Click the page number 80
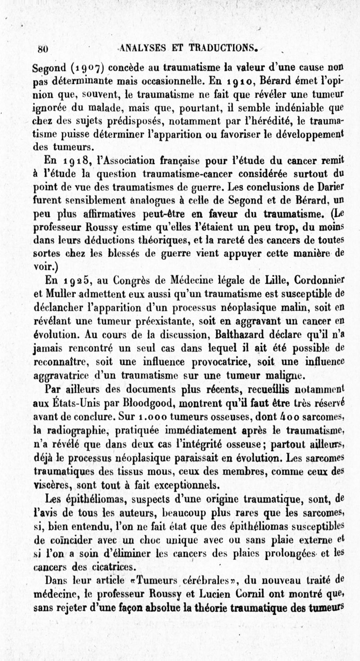[43, 48]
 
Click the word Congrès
[132, 282]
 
